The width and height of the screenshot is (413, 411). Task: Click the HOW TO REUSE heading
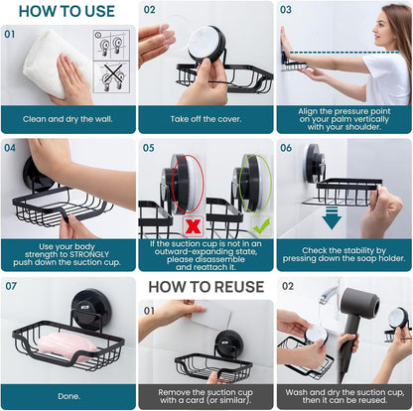point(206,287)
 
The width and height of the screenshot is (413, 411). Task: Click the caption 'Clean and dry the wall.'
point(69,119)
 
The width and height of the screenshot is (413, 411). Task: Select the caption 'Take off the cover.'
point(206,119)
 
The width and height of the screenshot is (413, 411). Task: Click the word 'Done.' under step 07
point(69,395)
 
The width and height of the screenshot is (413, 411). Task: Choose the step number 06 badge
point(287,148)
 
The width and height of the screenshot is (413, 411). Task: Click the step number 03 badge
point(287,10)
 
